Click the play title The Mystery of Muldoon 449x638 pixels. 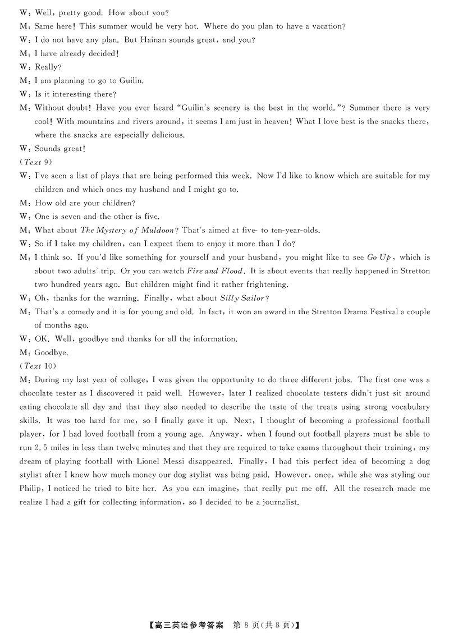(127, 230)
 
